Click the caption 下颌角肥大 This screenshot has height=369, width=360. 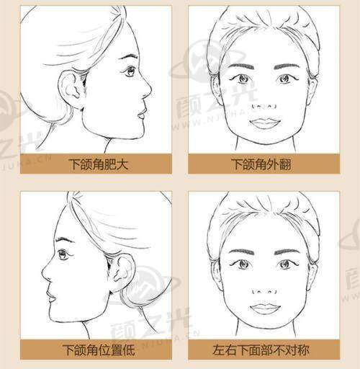click(99, 164)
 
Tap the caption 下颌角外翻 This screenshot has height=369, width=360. click(261, 164)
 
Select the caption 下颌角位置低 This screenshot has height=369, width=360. click(99, 350)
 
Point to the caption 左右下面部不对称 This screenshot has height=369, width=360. click(261, 350)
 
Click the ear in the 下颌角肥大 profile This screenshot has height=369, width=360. click(71, 88)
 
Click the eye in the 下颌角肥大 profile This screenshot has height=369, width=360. click(130, 71)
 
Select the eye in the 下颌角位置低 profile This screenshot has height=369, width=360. click(63, 254)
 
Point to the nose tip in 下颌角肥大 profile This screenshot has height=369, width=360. click(150, 89)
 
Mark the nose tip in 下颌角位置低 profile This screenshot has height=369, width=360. click(42, 273)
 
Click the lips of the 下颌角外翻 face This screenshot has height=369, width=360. click(265, 123)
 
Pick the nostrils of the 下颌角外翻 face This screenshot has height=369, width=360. click(264, 106)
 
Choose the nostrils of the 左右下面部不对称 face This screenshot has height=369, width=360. click(264, 292)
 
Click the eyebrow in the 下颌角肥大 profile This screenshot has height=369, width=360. click(129, 57)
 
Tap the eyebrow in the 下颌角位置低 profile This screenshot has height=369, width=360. click(64, 239)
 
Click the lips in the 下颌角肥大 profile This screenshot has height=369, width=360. click(142, 113)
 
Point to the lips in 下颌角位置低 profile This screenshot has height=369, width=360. click(51, 296)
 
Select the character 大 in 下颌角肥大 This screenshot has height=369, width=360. click(122, 164)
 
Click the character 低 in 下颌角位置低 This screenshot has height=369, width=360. click(128, 350)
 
